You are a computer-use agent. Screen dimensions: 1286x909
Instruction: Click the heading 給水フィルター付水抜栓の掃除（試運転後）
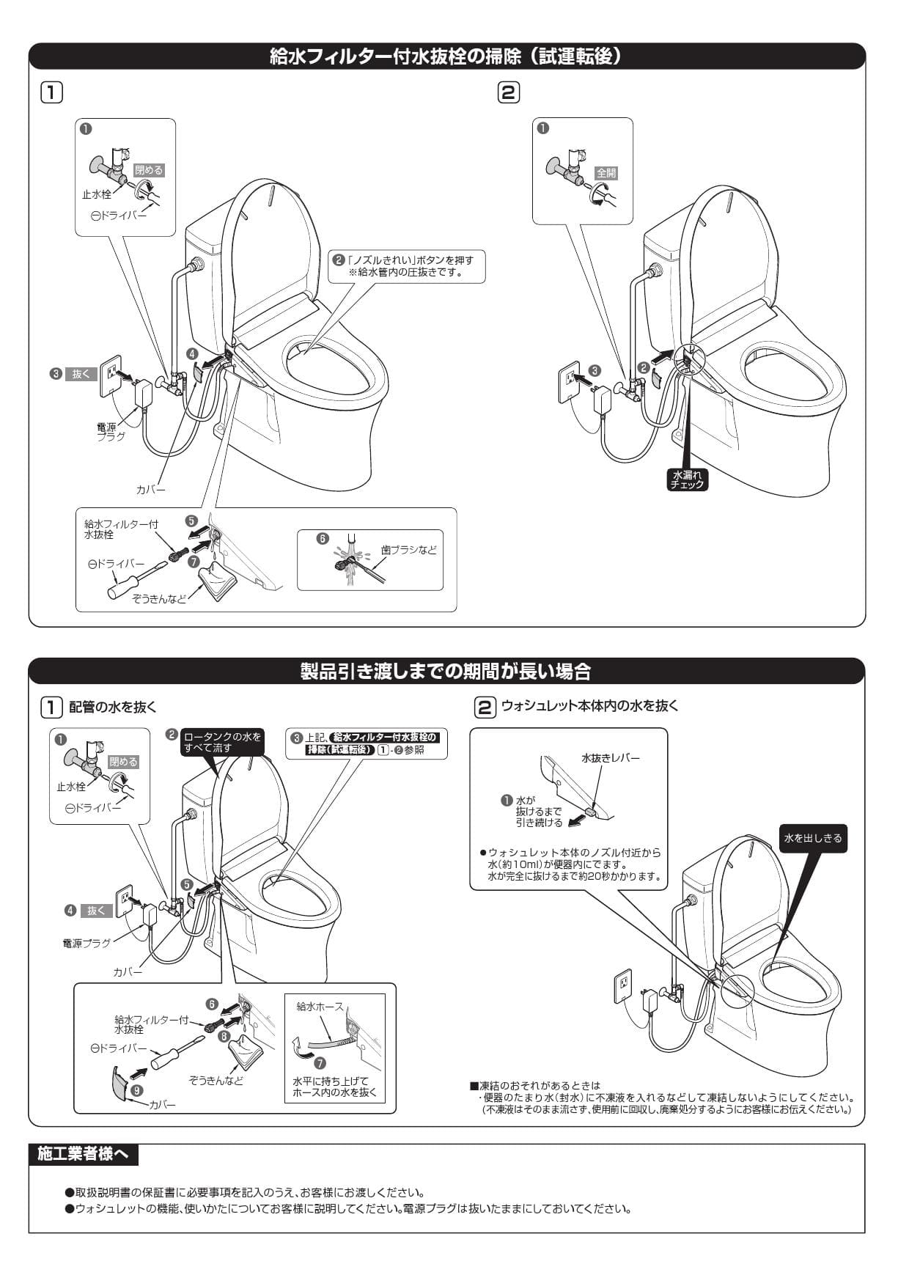coord(446,56)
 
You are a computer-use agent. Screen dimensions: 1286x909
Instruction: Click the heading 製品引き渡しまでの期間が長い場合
coord(446,671)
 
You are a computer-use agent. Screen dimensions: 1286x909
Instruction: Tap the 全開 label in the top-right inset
coord(606,173)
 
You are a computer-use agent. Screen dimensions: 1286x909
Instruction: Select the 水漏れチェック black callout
coord(688,480)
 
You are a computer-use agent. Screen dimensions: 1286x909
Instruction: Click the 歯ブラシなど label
coord(408,549)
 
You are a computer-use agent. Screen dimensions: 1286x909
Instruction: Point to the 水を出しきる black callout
coord(812,838)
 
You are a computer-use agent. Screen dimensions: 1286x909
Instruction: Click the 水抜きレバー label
coord(610,757)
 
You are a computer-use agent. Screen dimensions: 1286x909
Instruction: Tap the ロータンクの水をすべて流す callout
coord(222,742)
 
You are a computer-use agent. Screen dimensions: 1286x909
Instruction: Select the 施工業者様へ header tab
coord(83,1154)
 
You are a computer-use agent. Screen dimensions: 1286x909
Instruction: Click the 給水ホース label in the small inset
coord(320,1007)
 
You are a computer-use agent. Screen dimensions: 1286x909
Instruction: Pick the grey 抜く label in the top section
coord(81,373)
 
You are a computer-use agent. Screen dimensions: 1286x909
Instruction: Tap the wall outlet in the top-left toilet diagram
coord(110,376)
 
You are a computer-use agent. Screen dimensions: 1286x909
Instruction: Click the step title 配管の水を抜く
coord(112,707)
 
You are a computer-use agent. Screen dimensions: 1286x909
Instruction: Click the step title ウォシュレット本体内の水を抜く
coord(589,705)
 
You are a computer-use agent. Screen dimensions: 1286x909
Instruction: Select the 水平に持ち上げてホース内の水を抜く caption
coord(334,1087)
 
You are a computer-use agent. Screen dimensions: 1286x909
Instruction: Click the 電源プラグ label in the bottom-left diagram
coord(87,943)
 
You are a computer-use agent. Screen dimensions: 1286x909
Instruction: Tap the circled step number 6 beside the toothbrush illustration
coord(322,538)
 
